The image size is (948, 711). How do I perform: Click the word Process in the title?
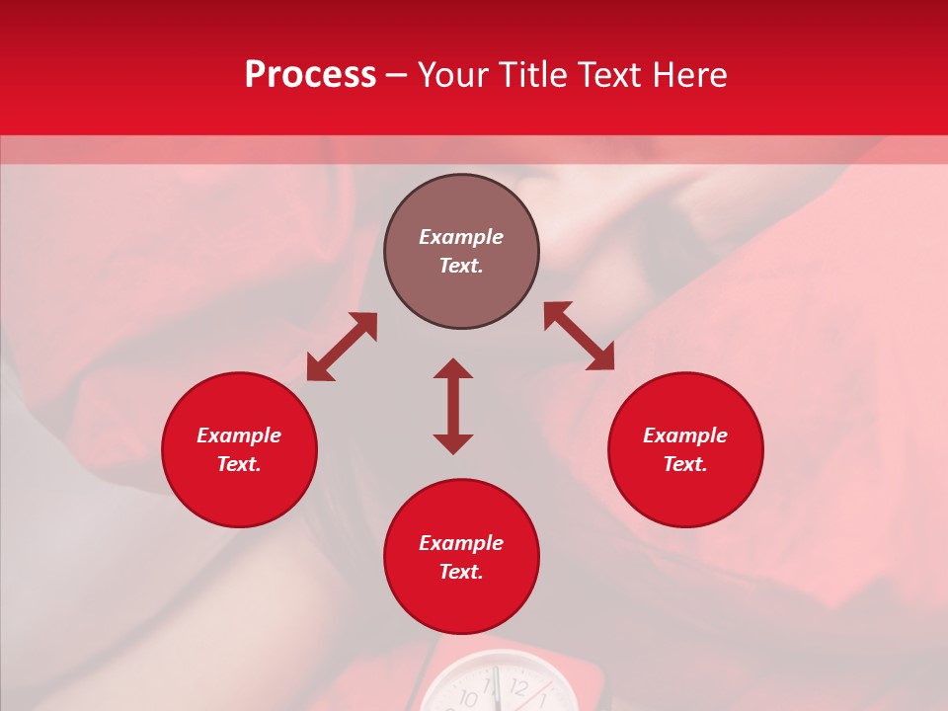(310, 75)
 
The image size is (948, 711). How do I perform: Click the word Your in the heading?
(453, 75)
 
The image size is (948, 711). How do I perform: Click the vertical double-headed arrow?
(453, 406)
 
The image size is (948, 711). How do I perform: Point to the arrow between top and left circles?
(342, 347)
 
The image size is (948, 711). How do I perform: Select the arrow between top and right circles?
(579, 336)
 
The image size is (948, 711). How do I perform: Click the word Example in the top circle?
(461, 237)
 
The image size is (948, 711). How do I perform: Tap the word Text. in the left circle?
(239, 464)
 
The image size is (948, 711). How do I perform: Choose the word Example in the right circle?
(685, 435)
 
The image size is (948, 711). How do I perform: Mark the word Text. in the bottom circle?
(461, 572)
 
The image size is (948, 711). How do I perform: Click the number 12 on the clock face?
(518, 687)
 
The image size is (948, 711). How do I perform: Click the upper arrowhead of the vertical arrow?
(453, 368)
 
